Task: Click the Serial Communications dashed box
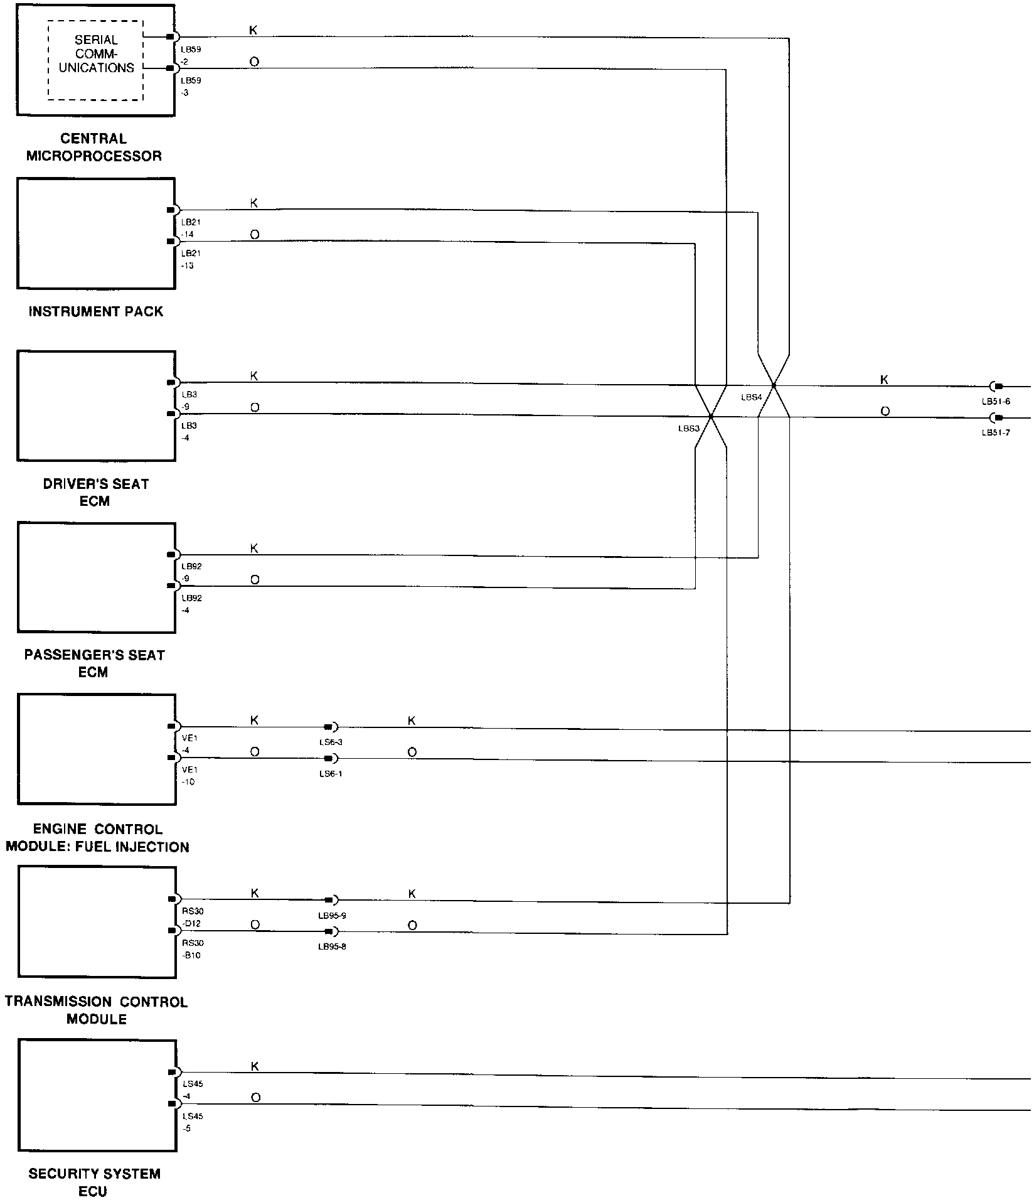tap(96, 60)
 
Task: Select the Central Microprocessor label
tap(93, 147)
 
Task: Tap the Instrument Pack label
tap(95, 311)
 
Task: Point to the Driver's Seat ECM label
tap(95, 493)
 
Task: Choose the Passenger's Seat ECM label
tap(94, 663)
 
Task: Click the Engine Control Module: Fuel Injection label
tap(97, 838)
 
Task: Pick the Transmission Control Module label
tap(97, 1010)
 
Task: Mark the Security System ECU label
tap(94, 1182)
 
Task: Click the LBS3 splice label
tap(688, 429)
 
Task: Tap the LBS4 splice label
tap(751, 397)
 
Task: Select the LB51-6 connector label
tap(996, 402)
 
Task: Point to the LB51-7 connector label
tap(996, 432)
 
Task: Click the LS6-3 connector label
tap(330, 742)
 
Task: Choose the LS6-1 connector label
tap(330, 774)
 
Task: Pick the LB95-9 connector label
tap(332, 916)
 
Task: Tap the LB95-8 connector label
tap(332, 946)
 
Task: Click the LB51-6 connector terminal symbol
tap(996, 386)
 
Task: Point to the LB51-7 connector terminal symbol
tap(996, 417)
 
